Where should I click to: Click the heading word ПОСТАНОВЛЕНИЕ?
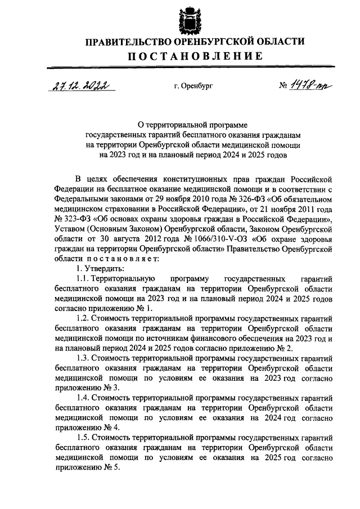click(x=194, y=56)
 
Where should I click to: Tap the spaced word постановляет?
click(x=119, y=259)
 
